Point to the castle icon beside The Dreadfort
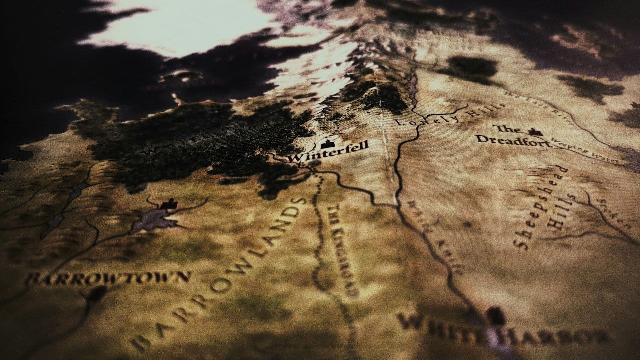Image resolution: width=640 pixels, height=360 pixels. (x=534, y=131)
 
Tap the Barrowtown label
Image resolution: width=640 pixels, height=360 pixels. (x=108, y=278)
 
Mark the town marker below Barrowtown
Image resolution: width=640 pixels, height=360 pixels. (x=97, y=293)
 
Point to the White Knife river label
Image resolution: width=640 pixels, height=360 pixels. (x=433, y=237)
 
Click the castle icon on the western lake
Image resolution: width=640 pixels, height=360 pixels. (x=169, y=204)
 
